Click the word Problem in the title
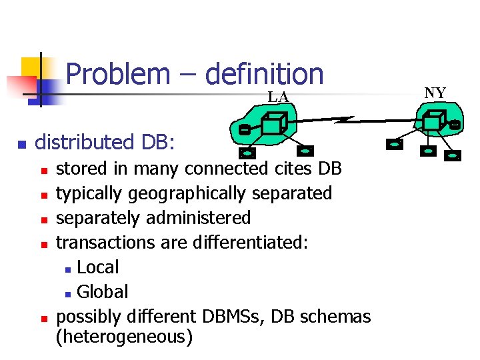(118, 73)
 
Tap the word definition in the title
(264, 73)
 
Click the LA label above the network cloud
(278, 97)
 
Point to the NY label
(435, 93)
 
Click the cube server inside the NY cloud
(433, 121)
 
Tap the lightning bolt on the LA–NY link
(346, 120)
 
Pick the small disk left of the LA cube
(244, 128)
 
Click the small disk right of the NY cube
(455, 124)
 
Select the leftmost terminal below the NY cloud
(395, 143)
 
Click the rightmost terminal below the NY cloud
(454, 157)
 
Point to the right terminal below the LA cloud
(307, 151)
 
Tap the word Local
(98, 267)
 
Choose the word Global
(103, 292)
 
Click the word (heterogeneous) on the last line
(124, 337)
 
